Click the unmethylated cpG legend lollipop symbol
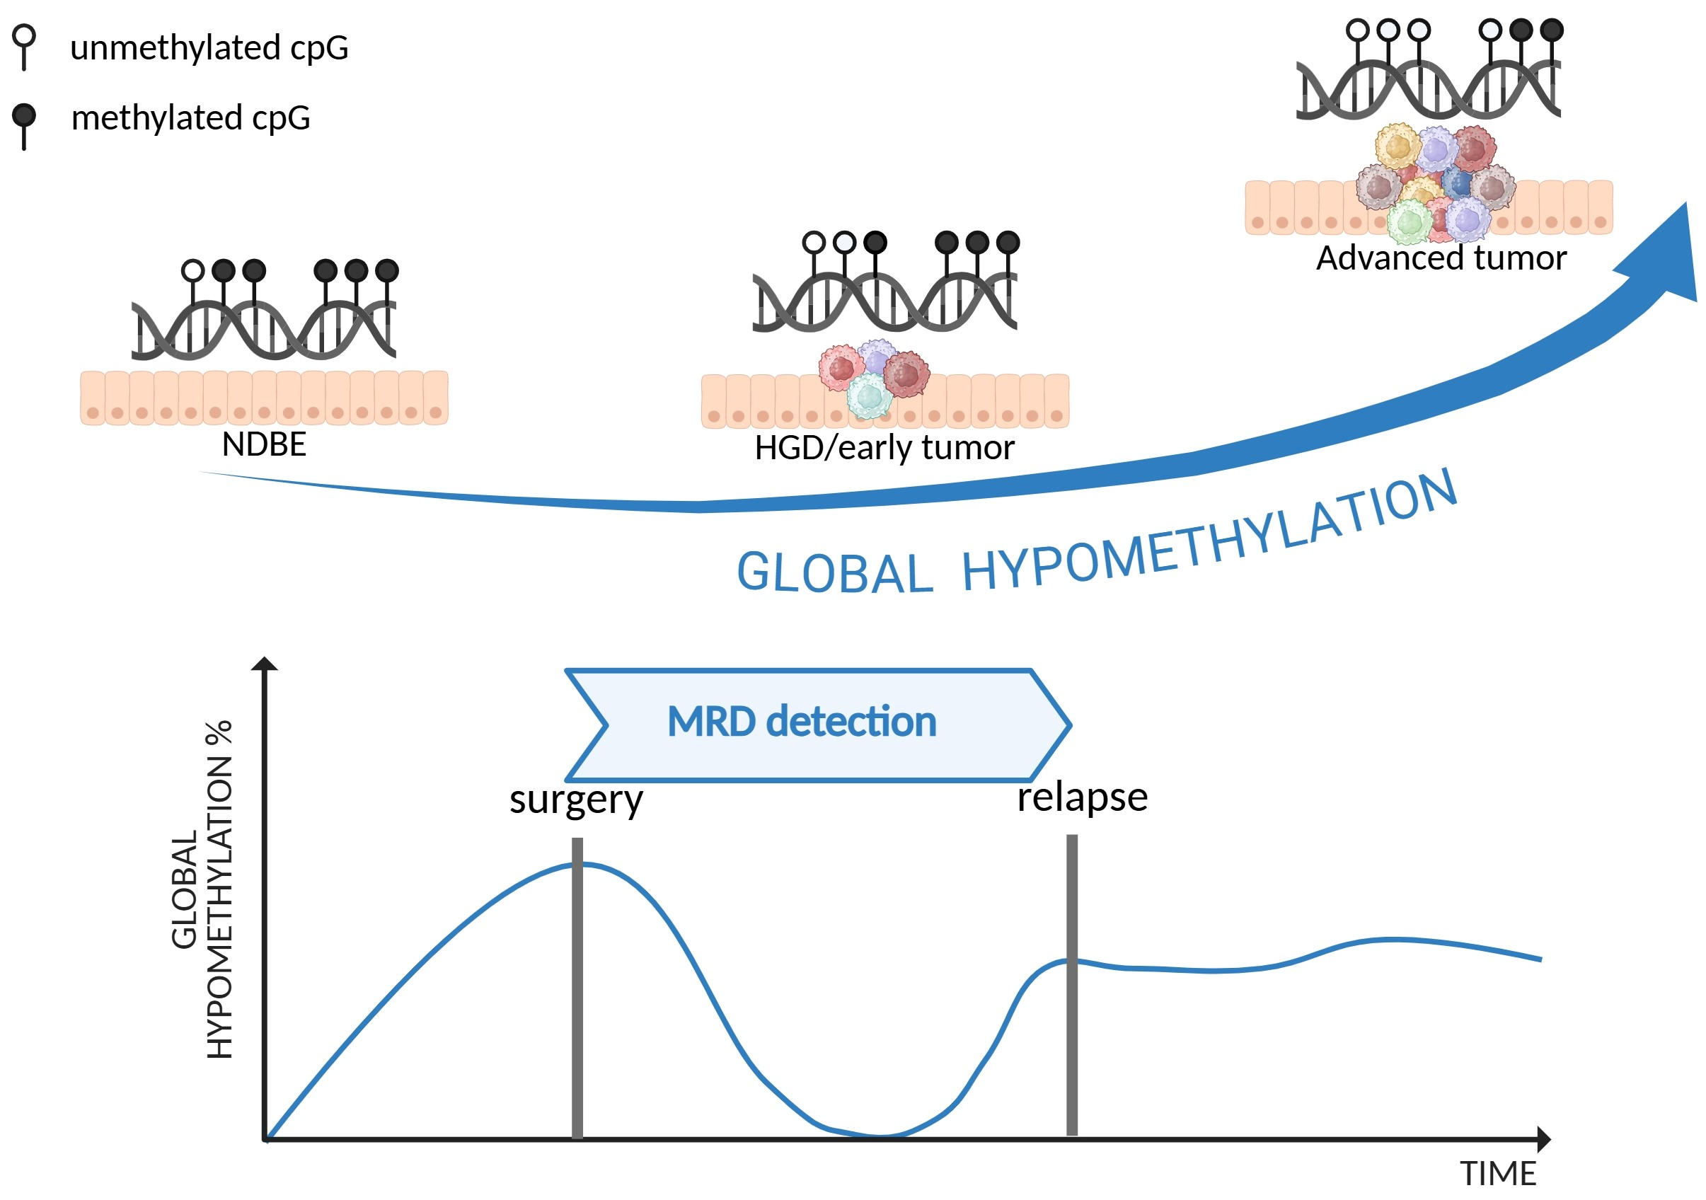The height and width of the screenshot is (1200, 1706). pos(25,45)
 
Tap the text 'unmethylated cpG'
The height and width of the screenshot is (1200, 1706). pos(209,48)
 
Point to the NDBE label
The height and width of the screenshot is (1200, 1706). pos(264,445)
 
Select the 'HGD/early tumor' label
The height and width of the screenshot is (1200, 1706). pos(884,448)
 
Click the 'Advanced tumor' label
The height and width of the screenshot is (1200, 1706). pos(1441,258)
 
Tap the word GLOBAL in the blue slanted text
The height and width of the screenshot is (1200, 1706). pos(834,574)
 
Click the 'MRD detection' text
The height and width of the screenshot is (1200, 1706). pos(802,722)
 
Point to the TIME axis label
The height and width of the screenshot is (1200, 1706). pos(1498,1174)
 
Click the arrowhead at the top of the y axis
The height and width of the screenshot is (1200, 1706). pos(265,664)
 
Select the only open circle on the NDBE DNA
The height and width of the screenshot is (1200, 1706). pos(193,270)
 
